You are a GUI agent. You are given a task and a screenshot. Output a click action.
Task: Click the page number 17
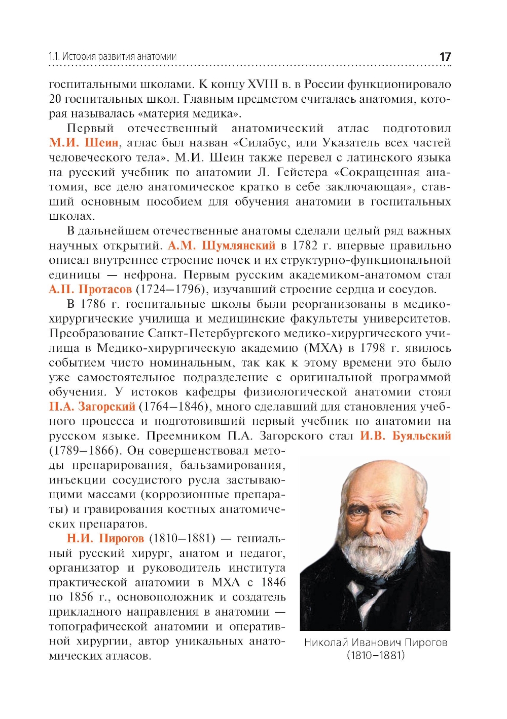click(x=445, y=57)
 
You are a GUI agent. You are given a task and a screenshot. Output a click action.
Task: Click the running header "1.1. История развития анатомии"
click(x=112, y=57)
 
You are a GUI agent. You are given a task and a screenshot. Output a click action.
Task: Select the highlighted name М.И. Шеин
click(x=84, y=143)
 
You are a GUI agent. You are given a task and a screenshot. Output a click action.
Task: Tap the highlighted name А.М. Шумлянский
click(x=221, y=246)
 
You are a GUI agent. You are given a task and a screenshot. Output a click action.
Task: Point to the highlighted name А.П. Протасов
click(x=90, y=290)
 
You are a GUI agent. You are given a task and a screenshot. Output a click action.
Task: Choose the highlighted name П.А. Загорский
click(x=92, y=407)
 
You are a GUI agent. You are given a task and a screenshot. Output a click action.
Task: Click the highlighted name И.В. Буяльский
click(x=405, y=436)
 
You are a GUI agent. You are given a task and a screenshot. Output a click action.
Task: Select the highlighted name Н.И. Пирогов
click(x=105, y=538)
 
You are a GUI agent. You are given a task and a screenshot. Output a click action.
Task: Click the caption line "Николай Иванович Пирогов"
click(x=375, y=643)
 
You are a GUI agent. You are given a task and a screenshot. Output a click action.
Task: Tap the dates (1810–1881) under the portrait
click(x=375, y=655)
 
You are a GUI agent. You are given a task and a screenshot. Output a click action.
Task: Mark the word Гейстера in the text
click(x=303, y=172)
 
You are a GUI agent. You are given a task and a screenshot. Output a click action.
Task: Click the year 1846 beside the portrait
click(x=273, y=582)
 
